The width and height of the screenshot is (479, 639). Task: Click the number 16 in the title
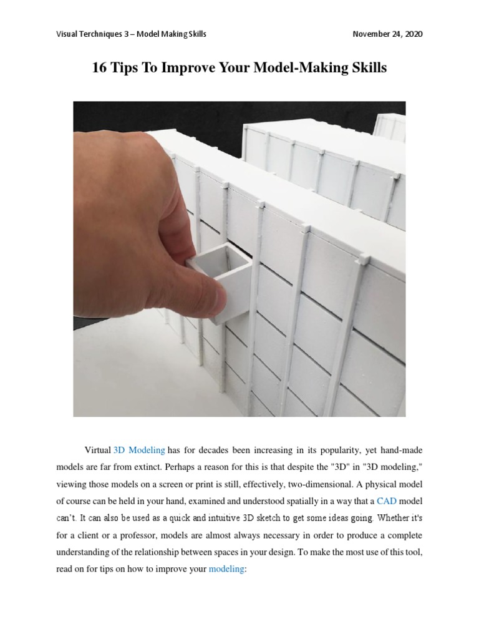100,68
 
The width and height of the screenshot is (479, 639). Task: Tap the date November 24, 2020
387,34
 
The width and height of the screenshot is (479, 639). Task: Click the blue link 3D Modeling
139,450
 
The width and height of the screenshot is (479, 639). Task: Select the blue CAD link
387,501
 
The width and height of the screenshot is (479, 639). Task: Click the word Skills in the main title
367,68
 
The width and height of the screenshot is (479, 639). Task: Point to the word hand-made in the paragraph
404,450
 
